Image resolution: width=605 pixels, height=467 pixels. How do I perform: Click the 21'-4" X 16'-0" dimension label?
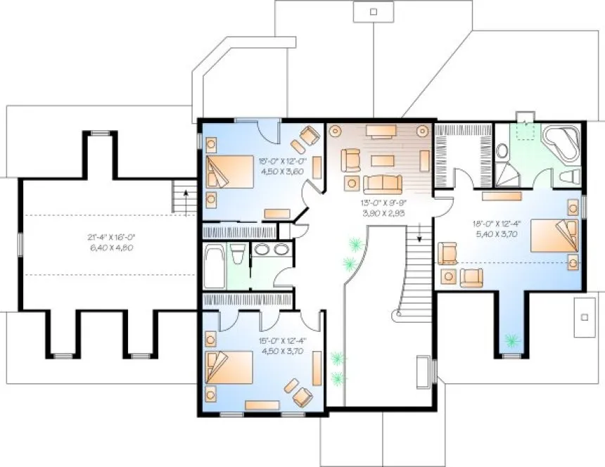tap(107, 238)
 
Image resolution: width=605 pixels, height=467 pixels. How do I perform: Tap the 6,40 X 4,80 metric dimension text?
tap(107, 248)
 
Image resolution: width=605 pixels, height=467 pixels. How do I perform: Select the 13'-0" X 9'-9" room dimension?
tap(381, 202)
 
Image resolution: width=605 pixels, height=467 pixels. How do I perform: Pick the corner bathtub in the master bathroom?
tap(560, 143)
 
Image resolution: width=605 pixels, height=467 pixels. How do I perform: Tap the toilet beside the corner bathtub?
tap(571, 176)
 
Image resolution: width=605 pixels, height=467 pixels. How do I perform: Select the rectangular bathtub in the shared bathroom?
tap(215, 265)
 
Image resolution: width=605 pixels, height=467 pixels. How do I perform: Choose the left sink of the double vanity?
tap(262, 248)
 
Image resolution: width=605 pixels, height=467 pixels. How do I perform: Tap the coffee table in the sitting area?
tap(381, 158)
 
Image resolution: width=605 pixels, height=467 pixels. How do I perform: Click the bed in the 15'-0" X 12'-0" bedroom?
tap(229, 172)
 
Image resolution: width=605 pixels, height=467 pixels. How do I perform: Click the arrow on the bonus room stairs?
tap(185, 191)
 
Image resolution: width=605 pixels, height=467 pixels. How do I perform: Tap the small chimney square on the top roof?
tap(374, 11)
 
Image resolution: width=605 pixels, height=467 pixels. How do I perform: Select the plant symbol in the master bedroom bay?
tap(510, 341)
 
